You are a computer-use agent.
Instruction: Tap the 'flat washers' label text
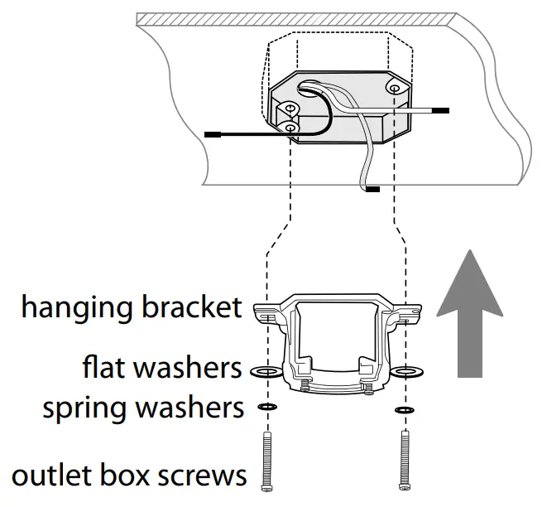click(161, 365)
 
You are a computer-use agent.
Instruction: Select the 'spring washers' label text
click(143, 408)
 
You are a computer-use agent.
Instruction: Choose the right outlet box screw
click(404, 460)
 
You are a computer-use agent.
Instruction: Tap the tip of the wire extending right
click(441, 109)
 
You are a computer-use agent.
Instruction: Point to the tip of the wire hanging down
click(373, 190)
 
